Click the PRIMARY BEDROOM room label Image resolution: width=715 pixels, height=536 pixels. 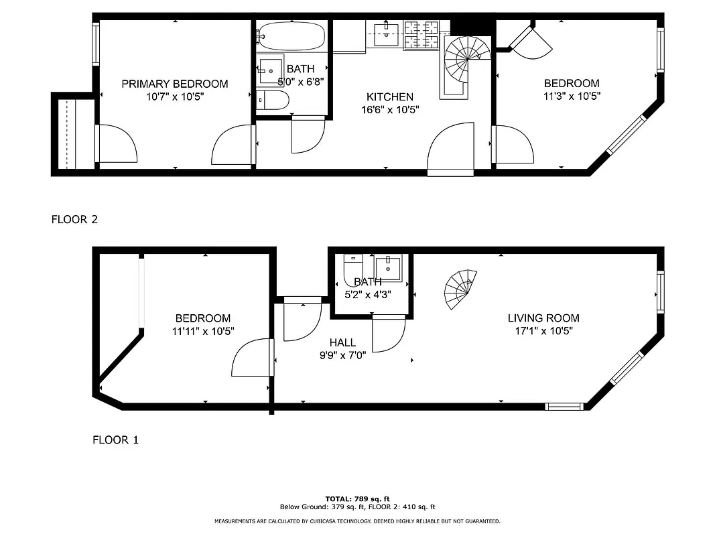[x=174, y=84]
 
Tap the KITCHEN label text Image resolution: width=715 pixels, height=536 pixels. [x=389, y=97]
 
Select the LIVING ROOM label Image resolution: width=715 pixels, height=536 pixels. [x=543, y=318]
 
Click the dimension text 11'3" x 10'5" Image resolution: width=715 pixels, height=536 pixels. [x=572, y=96]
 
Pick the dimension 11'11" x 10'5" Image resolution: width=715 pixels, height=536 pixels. [x=203, y=331]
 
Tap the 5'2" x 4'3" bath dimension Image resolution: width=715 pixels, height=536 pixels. [x=367, y=294]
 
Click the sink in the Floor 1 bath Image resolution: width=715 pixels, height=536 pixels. [x=388, y=267]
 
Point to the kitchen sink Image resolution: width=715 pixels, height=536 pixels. [x=386, y=33]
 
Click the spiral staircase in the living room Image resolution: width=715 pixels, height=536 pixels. [x=461, y=289]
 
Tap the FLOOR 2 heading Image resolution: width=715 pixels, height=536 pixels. [x=74, y=219]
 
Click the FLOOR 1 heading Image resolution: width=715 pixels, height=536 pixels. [x=115, y=440]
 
